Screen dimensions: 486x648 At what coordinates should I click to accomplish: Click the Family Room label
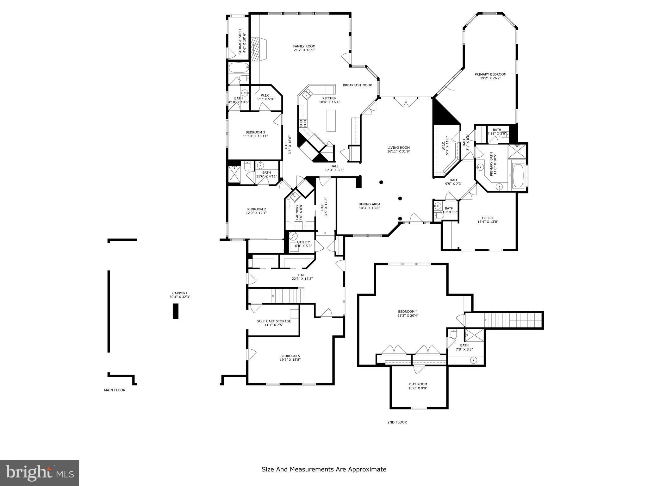(x=304, y=46)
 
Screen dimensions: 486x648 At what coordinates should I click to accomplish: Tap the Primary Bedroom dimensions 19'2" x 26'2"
(x=490, y=78)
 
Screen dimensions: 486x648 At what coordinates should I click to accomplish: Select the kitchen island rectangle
(x=331, y=120)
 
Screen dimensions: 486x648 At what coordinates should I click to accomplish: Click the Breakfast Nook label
(x=357, y=85)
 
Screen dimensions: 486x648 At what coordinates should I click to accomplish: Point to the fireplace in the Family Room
(x=258, y=48)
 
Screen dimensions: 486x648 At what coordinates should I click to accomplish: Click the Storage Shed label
(x=240, y=42)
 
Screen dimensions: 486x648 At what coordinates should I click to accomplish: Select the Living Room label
(x=398, y=147)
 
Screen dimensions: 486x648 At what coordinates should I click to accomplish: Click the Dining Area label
(x=369, y=204)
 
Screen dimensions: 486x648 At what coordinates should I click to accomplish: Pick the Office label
(x=488, y=218)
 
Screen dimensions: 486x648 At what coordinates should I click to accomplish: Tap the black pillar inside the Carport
(x=176, y=311)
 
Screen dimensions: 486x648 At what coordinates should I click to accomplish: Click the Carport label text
(x=180, y=293)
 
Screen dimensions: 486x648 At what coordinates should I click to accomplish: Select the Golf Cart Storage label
(x=274, y=321)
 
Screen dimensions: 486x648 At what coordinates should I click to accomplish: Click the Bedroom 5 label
(x=290, y=356)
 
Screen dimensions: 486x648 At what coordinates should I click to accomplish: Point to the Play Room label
(x=418, y=384)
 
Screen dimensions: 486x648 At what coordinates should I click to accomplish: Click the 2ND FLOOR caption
(x=397, y=422)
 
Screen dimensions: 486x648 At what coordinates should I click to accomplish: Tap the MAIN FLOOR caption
(x=115, y=390)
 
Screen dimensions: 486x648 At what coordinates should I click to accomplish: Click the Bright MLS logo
(x=40, y=473)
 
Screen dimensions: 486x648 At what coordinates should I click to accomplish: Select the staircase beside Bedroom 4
(x=513, y=320)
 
